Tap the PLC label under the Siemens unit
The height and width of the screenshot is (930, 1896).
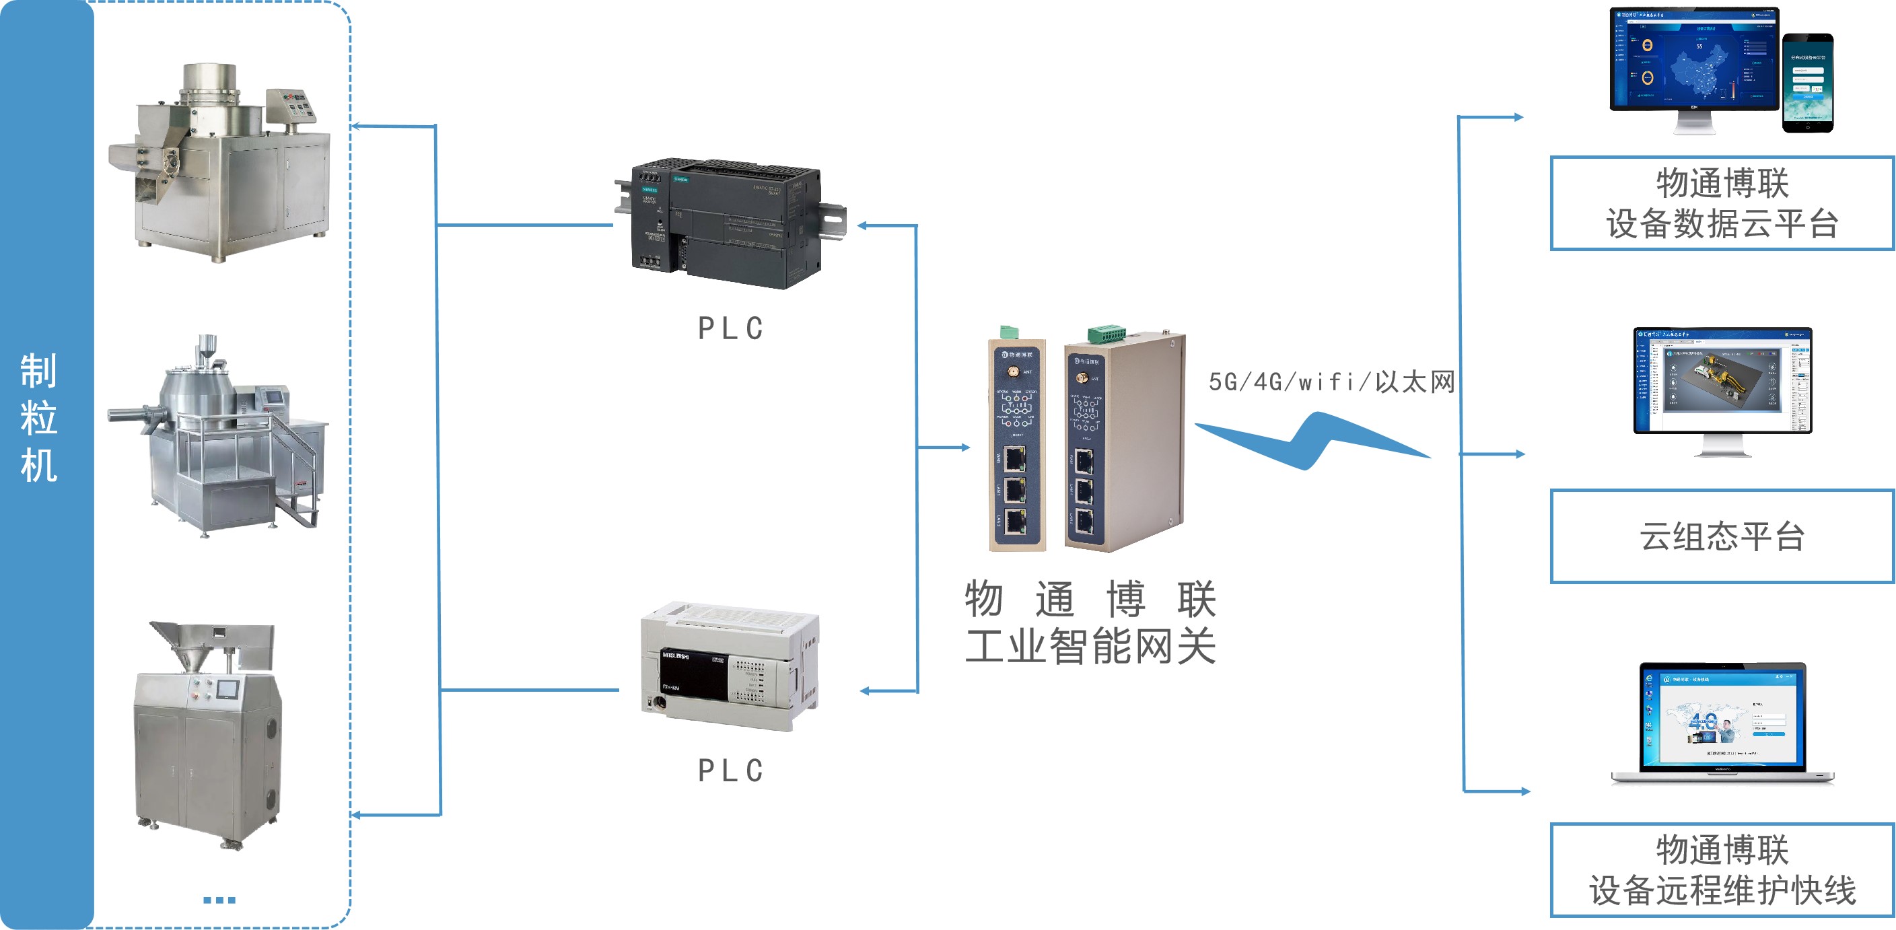730,328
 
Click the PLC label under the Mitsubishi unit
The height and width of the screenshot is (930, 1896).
730,771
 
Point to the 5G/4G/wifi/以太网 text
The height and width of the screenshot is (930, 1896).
1331,382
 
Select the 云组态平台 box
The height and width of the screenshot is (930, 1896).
1722,536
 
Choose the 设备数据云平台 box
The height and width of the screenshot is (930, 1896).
1722,203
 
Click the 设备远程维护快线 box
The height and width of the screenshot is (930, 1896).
1722,869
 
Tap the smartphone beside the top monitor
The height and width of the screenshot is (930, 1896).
1808,82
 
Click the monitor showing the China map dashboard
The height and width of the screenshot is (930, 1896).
1693,63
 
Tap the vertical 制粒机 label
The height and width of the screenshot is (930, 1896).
39,418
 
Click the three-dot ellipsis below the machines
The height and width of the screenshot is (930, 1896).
219,900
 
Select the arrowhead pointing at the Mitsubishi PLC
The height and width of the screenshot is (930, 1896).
866,691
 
